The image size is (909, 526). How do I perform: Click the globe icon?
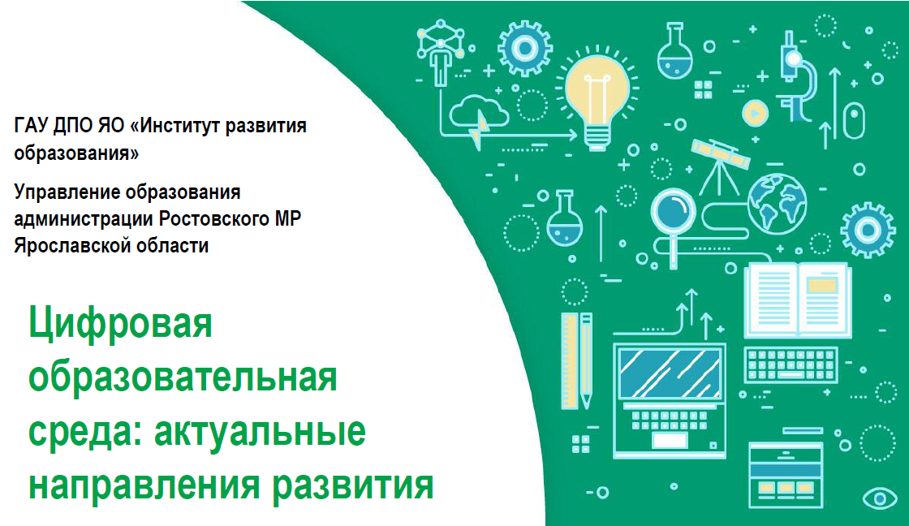[x=777, y=204]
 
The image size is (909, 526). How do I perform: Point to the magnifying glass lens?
[x=673, y=209]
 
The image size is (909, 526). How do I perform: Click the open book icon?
[x=798, y=300]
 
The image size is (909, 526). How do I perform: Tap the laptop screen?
[x=670, y=374]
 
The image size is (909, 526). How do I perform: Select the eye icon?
[x=880, y=498]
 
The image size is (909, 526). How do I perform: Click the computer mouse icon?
[x=853, y=120]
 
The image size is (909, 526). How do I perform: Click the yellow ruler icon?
[x=569, y=360]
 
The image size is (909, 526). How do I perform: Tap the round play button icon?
[x=755, y=113]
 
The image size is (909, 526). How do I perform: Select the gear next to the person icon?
[x=525, y=49]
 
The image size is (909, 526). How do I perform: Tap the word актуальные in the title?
[x=260, y=431]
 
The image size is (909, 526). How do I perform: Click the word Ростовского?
[x=214, y=218]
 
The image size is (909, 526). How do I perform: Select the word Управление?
[x=65, y=192]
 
